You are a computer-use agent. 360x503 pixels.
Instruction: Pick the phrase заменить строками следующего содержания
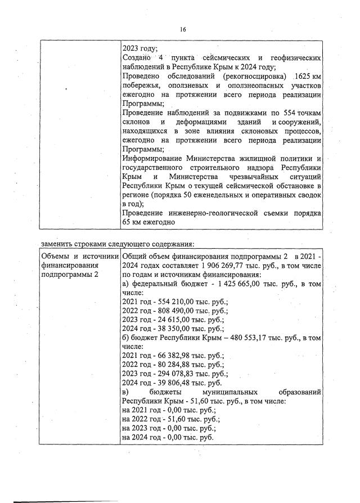pos(117,244)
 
